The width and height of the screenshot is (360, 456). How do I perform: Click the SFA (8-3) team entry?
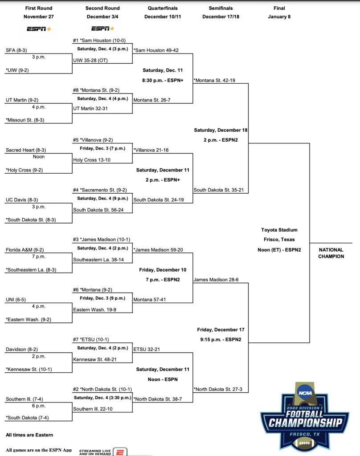[x=16, y=50]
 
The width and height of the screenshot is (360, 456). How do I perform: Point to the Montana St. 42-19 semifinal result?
[x=215, y=81]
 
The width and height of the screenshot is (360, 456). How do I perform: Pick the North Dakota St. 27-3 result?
[x=218, y=389]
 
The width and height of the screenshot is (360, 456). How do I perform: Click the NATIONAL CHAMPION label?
[x=331, y=253]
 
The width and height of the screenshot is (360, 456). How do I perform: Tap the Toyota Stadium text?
[x=279, y=230]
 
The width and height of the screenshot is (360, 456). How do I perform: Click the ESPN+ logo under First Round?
[x=39, y=29]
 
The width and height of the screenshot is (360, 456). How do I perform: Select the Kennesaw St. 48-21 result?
[x=95, y=359]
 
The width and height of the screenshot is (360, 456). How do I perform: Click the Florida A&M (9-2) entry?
[x=25, y=250]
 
